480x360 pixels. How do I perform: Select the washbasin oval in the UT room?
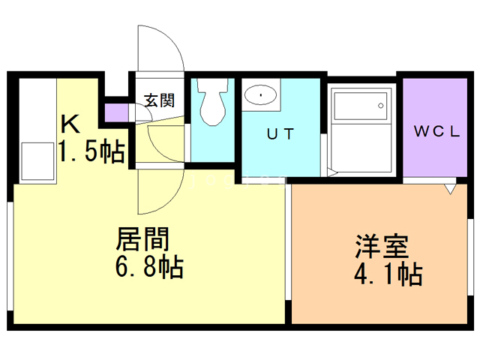[259, 95]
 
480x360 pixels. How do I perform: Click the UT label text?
[281, 134]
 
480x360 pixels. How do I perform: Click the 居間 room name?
[142, 240]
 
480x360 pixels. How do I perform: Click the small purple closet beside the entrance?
[117, 112]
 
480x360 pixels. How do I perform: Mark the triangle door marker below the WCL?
[449, 189]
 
